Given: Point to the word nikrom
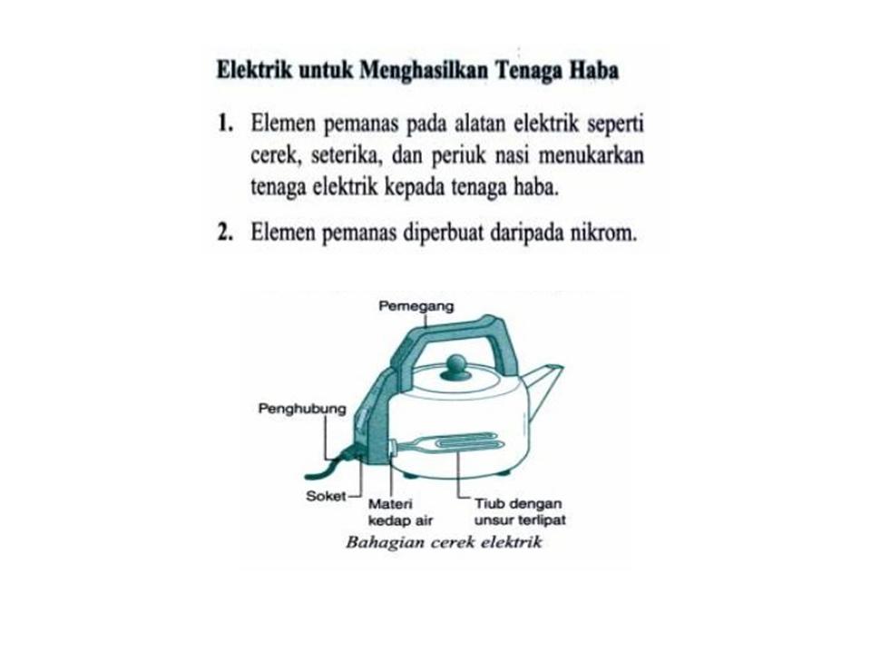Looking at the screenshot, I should point(603,233).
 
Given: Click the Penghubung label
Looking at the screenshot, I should point(302,410).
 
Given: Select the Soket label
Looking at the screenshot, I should point(325,497).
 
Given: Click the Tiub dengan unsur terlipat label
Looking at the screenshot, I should point(519,512).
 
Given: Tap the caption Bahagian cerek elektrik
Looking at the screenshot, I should point(444,543).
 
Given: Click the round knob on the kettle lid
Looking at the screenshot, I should point(455,365).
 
